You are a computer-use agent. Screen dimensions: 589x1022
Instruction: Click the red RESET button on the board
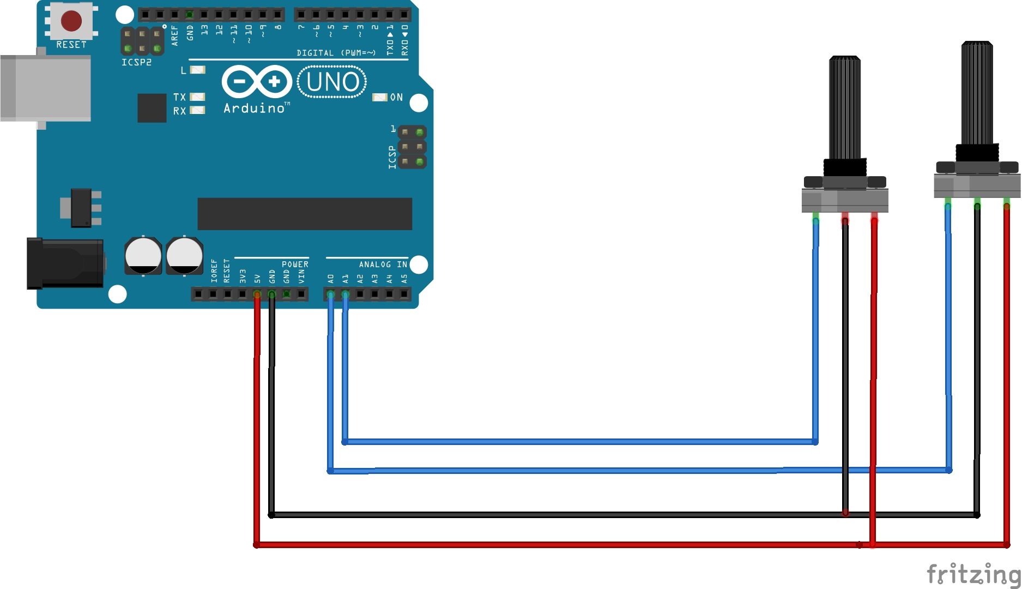(x=71, y=21)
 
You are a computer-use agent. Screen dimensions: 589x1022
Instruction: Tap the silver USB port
(x=46, y=88)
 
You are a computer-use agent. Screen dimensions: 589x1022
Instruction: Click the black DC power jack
(x=65, y=263)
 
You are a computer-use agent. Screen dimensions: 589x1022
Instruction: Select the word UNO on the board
(x=332, y=82)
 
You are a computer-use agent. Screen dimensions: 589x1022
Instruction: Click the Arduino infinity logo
(x=257, y=82)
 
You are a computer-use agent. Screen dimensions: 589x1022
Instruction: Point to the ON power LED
(x=379, y=97)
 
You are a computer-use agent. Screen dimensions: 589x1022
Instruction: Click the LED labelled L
(x=197, y=70)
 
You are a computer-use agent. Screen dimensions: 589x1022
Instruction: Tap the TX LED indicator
(x=197, y=97)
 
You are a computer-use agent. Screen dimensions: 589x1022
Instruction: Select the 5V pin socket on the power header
(x=257, y=294)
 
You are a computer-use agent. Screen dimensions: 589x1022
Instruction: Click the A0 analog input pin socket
(x=330, y=294)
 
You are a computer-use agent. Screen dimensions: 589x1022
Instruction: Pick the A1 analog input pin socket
(x=345, y=294)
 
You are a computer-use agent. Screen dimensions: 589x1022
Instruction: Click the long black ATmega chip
(x=304, y=214)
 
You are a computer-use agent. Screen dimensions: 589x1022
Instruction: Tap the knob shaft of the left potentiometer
(x=845, y=109)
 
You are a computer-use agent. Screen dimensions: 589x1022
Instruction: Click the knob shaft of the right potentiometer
(x=977, y=93)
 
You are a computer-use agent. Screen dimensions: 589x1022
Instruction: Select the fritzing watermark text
(x=973, y=574)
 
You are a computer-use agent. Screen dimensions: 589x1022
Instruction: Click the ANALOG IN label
(x=383, y=265)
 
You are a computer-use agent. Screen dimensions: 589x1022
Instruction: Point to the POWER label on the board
(x=295, y=265)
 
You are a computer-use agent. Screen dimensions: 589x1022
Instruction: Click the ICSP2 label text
(x=136, y=63)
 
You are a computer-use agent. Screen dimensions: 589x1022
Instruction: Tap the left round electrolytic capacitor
(x=143, y=255)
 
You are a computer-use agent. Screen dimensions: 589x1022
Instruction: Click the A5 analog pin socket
(x=404, y=294)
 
